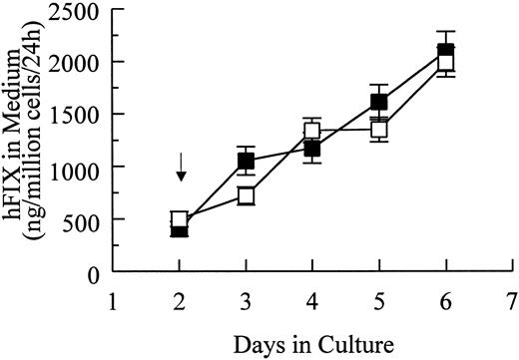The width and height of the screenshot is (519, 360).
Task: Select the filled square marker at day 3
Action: pos(246,162)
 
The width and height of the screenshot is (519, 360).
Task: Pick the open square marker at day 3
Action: pos(246,195)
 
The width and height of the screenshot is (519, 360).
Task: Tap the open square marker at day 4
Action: pos(312,131)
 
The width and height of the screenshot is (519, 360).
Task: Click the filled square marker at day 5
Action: pos(379,102)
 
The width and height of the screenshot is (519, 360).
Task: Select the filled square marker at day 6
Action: pos(446,51)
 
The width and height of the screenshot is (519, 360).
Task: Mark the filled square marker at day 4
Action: pos(312,150)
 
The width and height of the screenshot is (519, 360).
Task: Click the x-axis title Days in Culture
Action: pos(314,345)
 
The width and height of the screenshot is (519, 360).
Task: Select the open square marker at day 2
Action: pos(180,220)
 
